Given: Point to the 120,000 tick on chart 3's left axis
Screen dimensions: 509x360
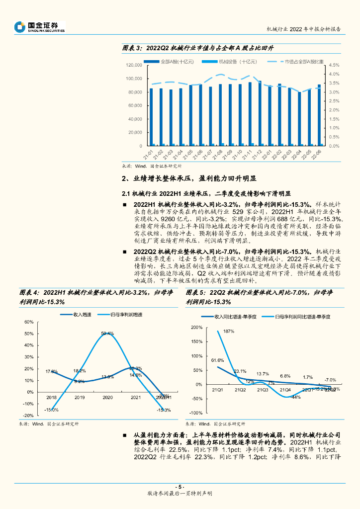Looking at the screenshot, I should pos(134,65).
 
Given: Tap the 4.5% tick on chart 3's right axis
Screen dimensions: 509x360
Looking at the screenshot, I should pos(334,65).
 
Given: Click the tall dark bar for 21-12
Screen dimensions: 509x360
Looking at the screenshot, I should pos(259,113).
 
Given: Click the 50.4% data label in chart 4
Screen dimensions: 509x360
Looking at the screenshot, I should pos(107,334).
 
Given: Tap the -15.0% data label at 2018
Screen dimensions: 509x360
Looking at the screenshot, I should pos(51,410).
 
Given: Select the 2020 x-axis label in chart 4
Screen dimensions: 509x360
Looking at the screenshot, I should pos(107,397).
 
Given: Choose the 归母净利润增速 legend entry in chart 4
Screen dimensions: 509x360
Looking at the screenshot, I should pos(126,315).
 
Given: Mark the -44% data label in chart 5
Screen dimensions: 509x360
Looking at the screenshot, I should pos(295,397).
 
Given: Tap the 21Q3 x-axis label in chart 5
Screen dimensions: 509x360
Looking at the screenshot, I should pos(262,390).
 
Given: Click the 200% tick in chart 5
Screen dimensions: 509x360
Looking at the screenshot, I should pos(196,328).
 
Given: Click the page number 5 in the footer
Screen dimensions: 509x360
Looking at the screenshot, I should pos(180,487).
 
